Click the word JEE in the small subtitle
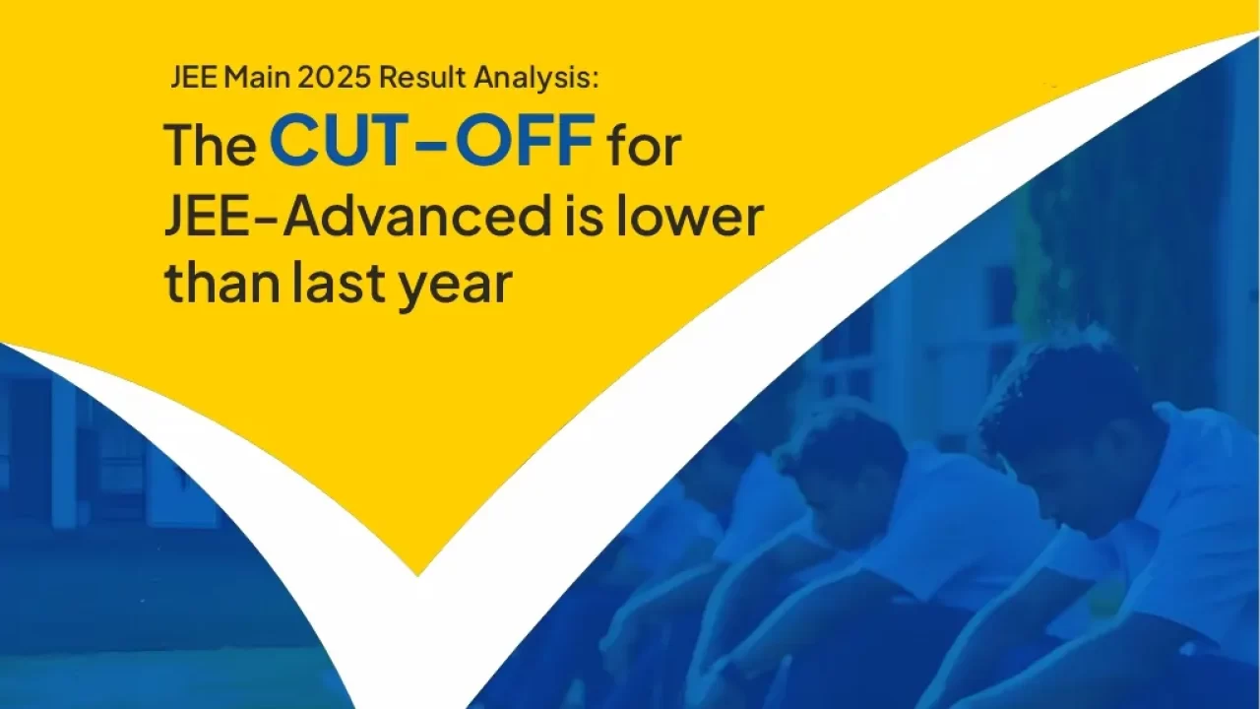[194, 78]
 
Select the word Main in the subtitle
[257, 78]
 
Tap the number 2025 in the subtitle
[334, 78]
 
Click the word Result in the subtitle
[422, 78]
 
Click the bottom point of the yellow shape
[417, 576]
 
